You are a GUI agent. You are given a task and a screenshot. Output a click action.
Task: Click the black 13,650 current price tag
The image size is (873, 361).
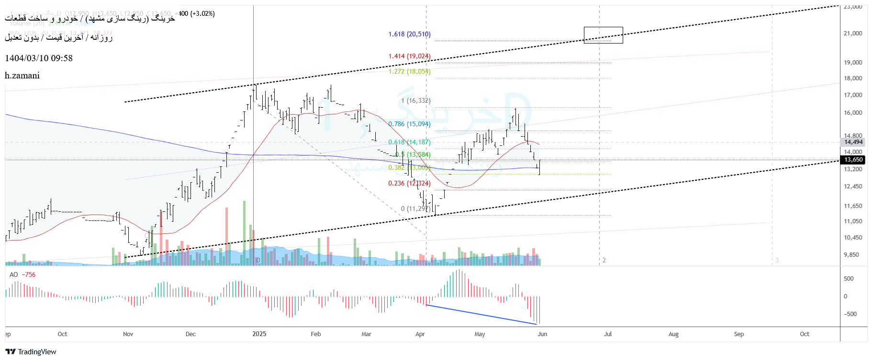[x=853, y=160]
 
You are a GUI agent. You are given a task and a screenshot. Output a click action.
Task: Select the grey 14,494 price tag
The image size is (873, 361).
[x=853, y=142]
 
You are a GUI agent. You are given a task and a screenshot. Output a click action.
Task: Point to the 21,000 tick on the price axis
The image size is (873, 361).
[x=853, y=33]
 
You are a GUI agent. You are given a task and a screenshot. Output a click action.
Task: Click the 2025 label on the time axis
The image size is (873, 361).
[x=259, y=334]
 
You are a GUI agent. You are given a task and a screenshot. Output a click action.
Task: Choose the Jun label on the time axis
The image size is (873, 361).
[x=542, y=334]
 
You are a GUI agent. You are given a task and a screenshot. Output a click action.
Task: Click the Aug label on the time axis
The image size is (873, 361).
[x=673, y=334]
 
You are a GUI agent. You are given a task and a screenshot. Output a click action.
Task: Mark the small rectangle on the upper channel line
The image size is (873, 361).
[x=603, y=35]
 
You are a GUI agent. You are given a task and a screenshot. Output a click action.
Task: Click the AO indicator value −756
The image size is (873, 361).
[x=29, y=274]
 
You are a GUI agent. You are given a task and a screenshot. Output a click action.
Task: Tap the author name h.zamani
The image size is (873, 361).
[x=22, y=76]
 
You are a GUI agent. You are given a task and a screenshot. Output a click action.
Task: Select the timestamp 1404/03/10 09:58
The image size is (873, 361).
[x=39, y=58]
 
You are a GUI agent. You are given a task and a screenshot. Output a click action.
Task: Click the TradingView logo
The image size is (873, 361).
[x=31, y=352]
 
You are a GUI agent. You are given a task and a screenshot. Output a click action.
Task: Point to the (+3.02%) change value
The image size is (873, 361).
[x=202, y=13]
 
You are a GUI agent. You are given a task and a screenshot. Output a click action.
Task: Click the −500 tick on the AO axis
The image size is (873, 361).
[x=850, y=314]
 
